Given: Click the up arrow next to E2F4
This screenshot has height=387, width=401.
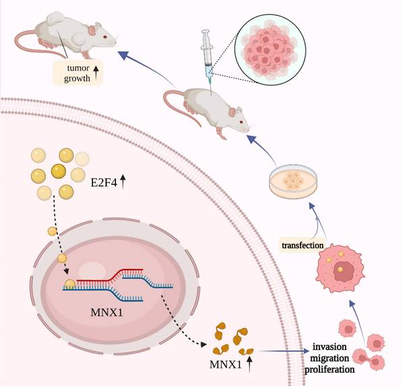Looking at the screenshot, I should click(x=124, y=180).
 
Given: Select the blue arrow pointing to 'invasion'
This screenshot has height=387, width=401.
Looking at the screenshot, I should click(x=284, y=351).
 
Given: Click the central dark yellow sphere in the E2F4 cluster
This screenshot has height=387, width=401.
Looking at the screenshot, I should click(x=58, y=172).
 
